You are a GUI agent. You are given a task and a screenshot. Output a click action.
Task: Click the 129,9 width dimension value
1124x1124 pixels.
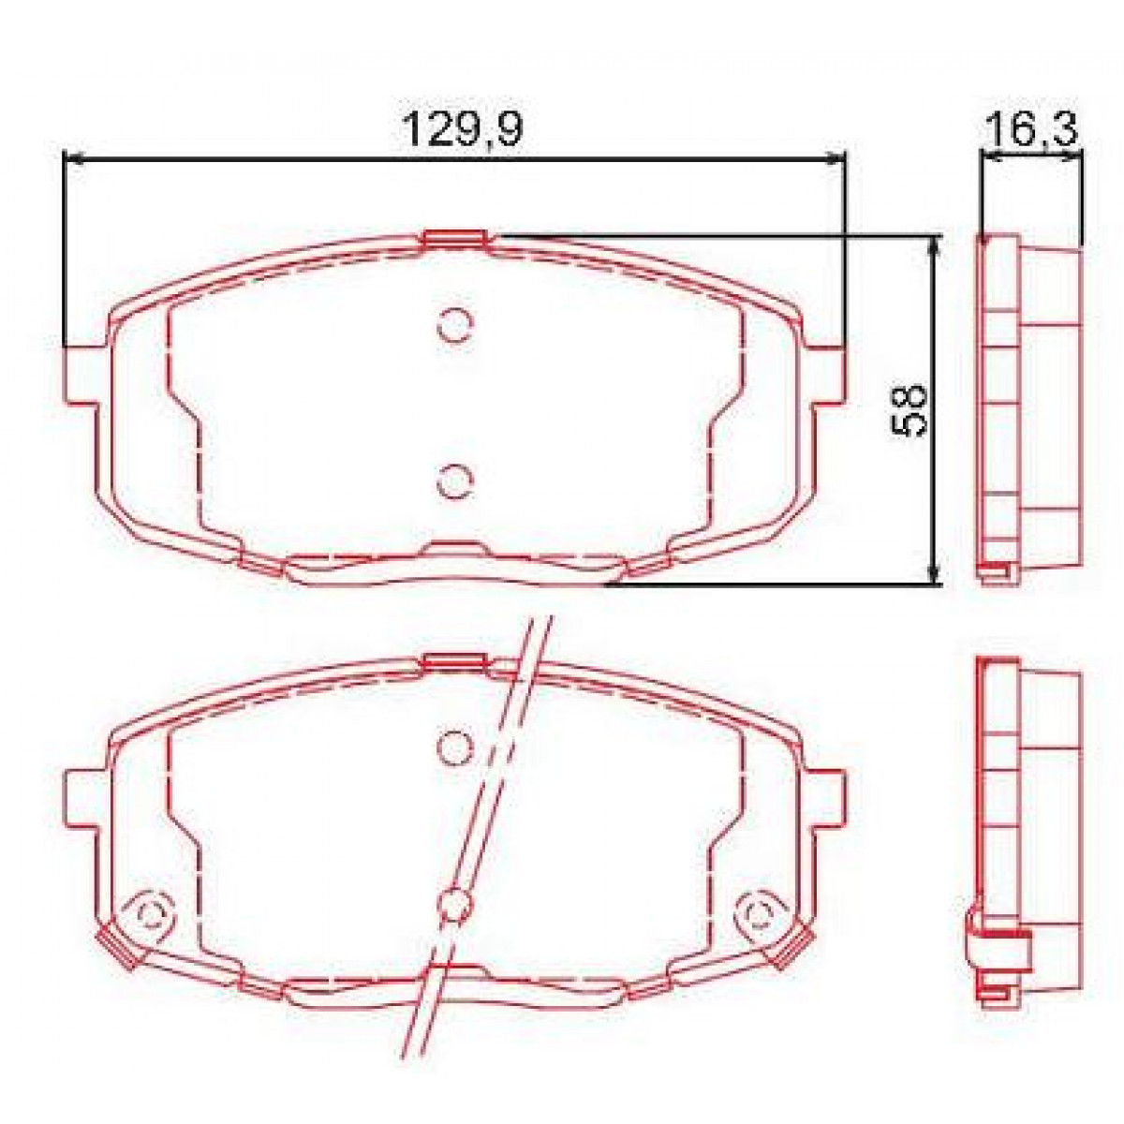462,127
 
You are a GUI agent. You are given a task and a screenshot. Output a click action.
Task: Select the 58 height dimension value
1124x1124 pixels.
910,407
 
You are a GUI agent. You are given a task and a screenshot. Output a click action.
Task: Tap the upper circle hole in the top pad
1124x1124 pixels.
456,323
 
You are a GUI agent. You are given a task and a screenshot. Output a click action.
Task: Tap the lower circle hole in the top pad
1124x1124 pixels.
456,481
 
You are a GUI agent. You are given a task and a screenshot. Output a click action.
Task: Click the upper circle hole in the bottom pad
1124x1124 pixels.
456,746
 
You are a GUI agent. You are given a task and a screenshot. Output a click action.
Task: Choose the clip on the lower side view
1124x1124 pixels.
998,946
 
